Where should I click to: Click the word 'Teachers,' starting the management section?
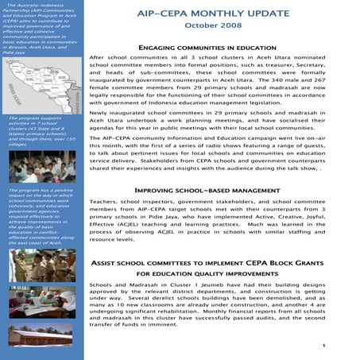tap(104, 204)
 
